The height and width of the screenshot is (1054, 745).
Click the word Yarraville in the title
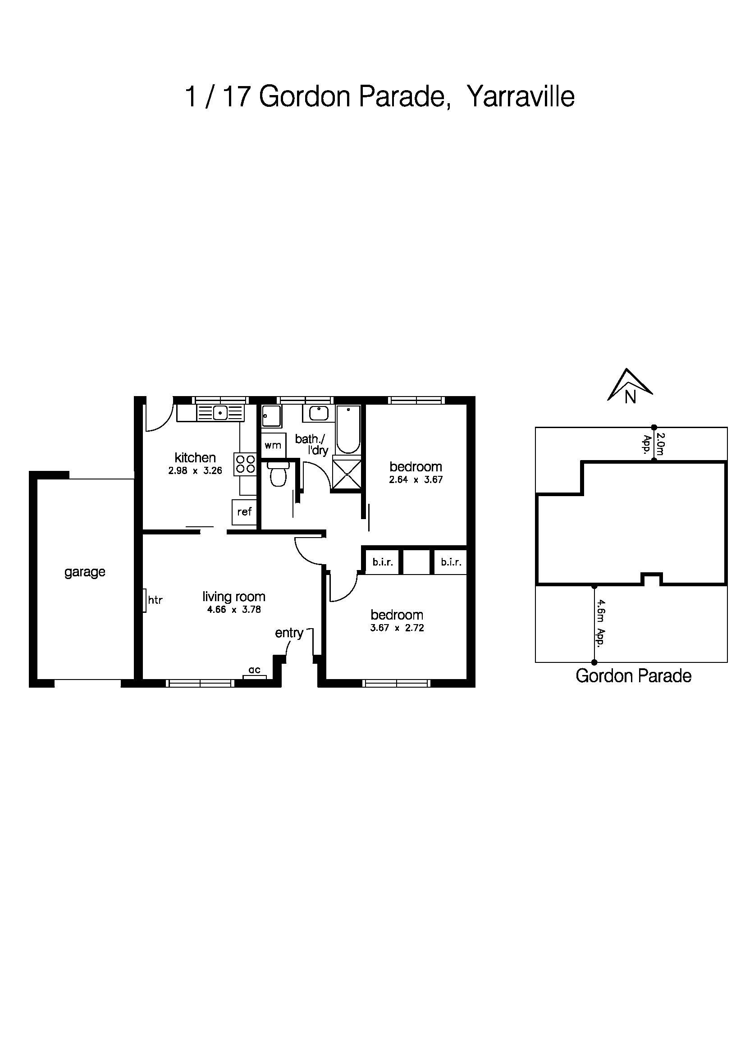coord(521,97)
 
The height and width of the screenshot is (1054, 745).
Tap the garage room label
coord(85,572)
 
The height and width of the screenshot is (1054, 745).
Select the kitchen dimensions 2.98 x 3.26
coord(195,470)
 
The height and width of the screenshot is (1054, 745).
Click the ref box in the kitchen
coord(244,511)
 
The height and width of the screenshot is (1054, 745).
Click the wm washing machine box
coord(273,445)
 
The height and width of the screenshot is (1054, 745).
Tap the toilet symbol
coord(277,474)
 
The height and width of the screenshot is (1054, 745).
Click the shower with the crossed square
coord(346,473)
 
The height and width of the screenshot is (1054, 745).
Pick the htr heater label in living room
coord(155,599)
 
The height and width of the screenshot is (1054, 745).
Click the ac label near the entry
coord(254,670)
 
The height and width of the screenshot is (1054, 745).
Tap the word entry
coord(289,633)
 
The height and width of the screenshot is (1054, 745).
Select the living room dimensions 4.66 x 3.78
coord(233,610)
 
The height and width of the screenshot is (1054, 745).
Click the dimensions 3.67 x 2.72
coord(397,628)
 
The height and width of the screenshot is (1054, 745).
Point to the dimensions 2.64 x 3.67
coord(416,480)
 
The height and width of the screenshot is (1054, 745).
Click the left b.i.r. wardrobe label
coord(382,562)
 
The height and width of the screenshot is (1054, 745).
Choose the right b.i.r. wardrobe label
coord(451,562)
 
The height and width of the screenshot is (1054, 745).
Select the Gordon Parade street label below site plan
coord(633,676)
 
